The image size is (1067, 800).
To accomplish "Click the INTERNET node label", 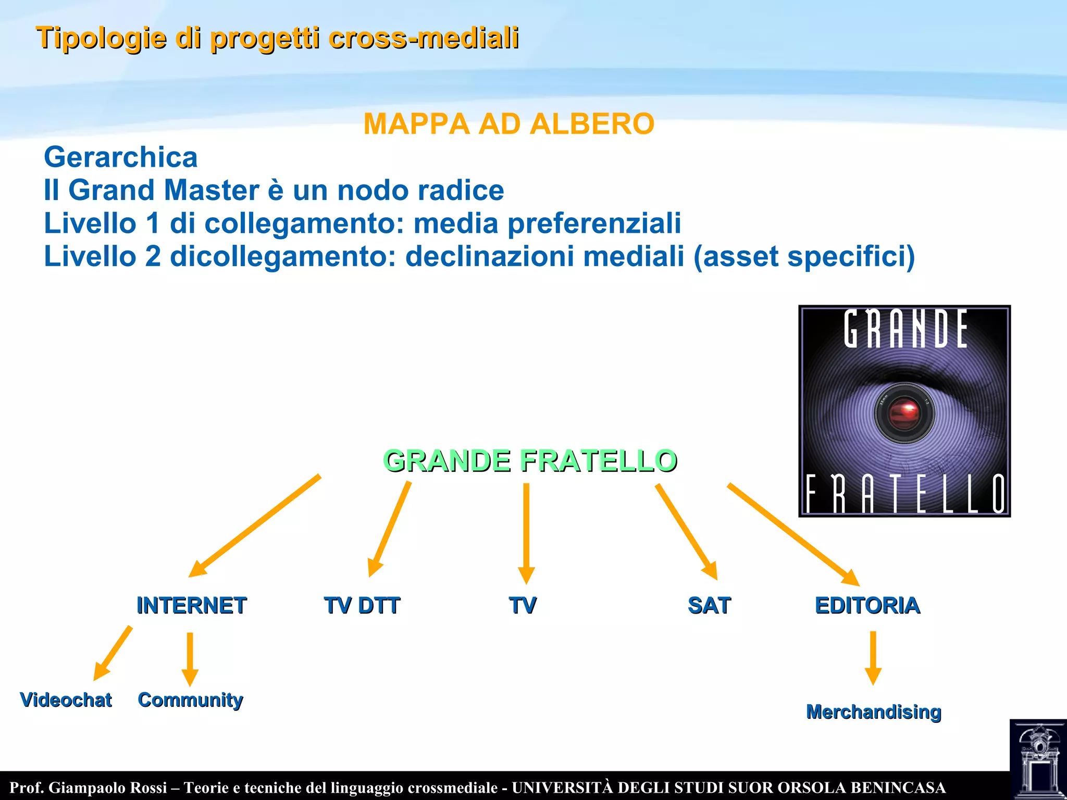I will [191, 605].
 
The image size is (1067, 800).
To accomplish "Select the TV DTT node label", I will [362, 605].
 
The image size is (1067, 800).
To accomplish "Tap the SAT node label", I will [709, 605].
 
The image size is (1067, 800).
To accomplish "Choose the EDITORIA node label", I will [867, 605].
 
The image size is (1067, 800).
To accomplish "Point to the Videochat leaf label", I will [66, 699].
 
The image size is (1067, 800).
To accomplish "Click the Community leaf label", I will [190, 699].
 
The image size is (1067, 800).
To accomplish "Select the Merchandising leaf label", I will [874, 711].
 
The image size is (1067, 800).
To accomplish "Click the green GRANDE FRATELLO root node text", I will [530, 460].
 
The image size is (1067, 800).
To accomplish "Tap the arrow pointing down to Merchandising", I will [873, 657].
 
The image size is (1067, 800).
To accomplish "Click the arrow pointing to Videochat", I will [113, 653].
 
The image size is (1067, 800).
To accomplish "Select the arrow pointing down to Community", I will [190, 658].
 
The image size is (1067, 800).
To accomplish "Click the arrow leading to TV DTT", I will [390, 529].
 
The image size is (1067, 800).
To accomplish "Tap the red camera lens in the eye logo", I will [904, 414].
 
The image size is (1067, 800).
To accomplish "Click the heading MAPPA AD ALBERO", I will [508, 124].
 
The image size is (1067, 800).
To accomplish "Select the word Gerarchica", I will [120, 157].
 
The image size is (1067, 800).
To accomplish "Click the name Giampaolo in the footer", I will [108, 787].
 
